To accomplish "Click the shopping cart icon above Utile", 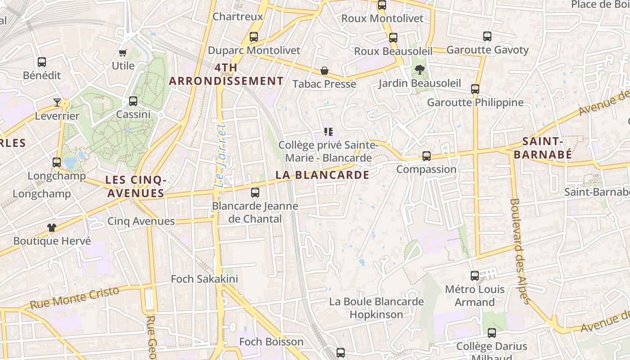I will (123, 53).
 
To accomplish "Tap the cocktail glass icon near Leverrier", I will (57, 103).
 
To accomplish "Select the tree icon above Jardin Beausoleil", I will (419, 70).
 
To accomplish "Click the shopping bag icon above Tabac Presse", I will (324, 71).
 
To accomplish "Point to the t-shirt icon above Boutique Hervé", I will (52, 228).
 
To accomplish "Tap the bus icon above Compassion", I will (426, 156).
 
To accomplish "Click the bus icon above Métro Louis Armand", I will (474, 276).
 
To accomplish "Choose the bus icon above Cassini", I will (133, 101).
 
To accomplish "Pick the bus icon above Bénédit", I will (42, 62).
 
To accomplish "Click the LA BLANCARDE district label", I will (322, 175).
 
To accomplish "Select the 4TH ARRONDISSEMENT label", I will (226, 75).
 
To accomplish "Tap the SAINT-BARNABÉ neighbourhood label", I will (543, 148).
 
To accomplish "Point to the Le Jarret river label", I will (220, 155).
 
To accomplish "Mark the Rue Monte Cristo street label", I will (75, 297).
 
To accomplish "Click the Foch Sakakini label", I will (204, 279).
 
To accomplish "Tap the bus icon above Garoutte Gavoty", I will (487, 36).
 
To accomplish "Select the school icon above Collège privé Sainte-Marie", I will (328, 132).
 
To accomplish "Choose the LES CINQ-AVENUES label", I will (136, 187).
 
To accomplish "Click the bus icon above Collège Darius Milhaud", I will (492, 333).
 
